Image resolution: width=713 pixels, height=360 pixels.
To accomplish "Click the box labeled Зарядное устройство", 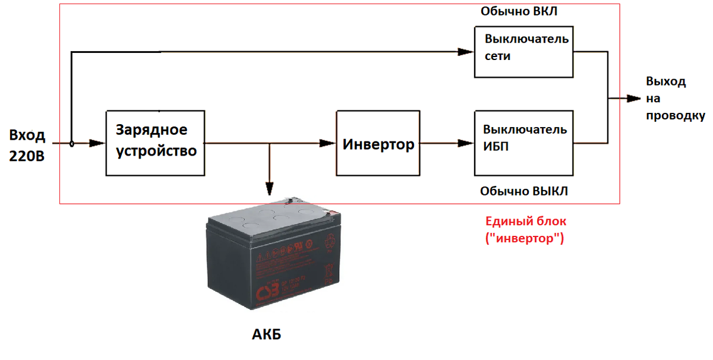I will click(155, 143).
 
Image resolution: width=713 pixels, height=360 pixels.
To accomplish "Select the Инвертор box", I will click(378, 143).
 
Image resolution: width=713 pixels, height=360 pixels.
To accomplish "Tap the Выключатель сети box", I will click(523, 52).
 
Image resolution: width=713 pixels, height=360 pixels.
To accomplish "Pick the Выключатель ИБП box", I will click(523, 143).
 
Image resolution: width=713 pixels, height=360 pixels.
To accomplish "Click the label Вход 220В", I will click(27, 146).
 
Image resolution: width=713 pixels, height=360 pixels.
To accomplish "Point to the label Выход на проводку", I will click(675, 99).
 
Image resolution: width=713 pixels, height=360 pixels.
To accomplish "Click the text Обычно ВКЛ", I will click(519, 12).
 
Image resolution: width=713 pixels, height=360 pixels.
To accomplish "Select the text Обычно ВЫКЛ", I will click(523, 191).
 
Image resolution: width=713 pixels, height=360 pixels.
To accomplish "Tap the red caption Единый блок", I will click(526, 221).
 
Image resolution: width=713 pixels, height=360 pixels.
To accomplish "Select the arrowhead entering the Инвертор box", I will click(328, 143).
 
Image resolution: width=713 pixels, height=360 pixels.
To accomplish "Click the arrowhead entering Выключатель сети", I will click(466, 52).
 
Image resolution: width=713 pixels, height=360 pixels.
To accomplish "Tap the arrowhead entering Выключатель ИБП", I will click(466, 143).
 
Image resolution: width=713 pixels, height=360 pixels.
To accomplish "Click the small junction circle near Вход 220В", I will click(71, 143).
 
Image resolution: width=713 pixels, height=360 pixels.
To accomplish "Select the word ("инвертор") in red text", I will click(525, 239).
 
